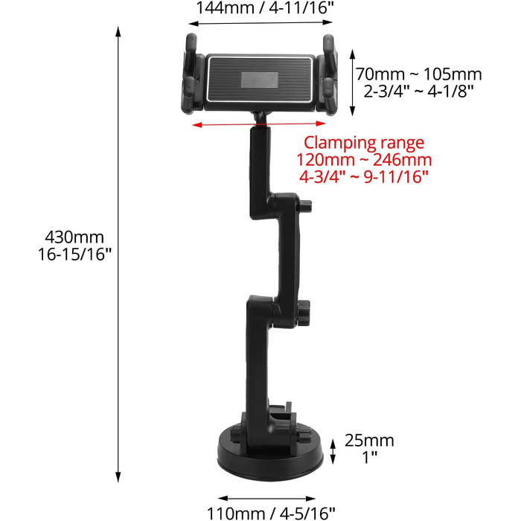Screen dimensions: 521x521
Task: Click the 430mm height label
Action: [74, 237]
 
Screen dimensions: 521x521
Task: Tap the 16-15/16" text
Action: [74, 255]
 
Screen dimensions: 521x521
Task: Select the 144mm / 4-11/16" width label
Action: [265, 7]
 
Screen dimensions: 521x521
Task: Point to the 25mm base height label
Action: [369, 441]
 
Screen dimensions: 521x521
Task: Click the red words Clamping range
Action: [364, 143]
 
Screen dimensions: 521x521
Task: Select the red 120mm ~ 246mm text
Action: [364, 160]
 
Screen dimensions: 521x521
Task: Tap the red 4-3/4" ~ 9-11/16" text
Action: [364, 177]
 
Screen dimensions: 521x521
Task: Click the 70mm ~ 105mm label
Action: [418, 74]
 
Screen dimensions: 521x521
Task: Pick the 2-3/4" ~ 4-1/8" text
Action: [418, 91]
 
